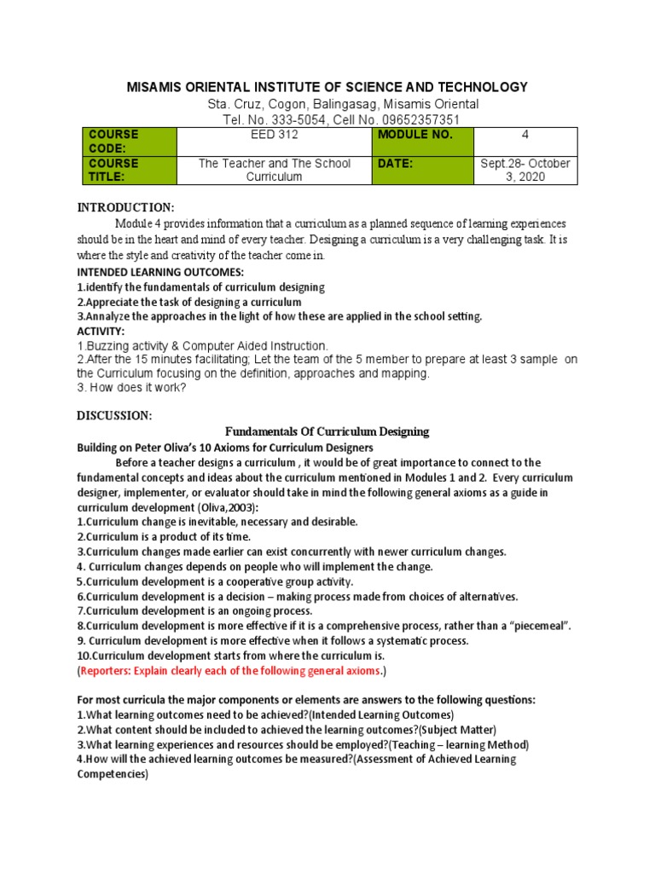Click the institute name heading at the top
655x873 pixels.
tap(327, 87)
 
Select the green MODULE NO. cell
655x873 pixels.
tap(422, 142)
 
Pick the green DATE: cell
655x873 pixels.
tap(422, 170)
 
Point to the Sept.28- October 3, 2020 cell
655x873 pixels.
tap(525, 170)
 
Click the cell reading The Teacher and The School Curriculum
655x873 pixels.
tap(274, 170)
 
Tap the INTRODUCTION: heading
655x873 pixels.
tap(126, 207)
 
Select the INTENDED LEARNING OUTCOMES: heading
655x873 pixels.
tap(160, 272)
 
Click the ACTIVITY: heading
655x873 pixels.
tap(101, 331)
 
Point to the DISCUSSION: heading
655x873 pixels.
tap(115, 415)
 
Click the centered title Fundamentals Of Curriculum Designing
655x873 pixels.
tap(327, 432)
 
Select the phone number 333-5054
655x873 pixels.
tap(279, 119)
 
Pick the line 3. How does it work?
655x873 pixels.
tap(131, 388)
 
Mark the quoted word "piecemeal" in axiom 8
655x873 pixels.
tap(534, 626)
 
